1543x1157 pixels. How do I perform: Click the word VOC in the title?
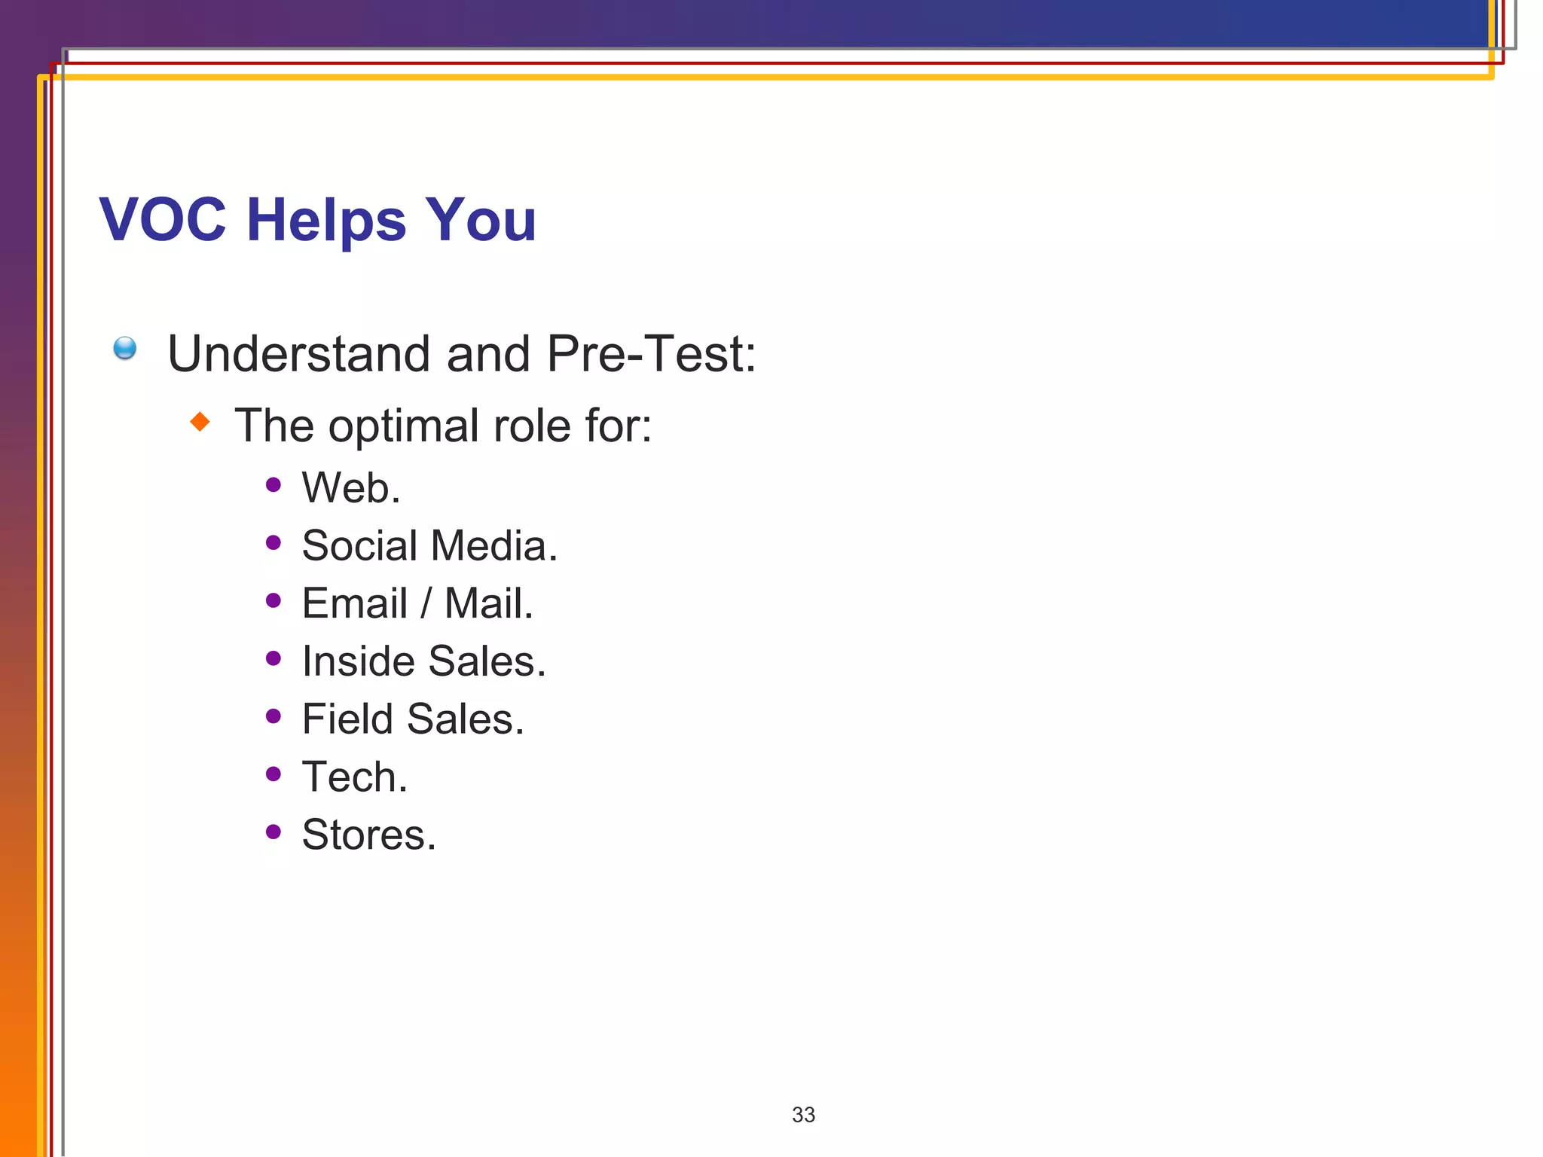(x=163, y=220)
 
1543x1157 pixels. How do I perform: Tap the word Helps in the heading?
(x=326, y=221)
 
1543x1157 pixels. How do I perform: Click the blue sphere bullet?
(x=125, y=348)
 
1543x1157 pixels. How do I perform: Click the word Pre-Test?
(x=651, y=353)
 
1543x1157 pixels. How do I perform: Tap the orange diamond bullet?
(x=200, y=421)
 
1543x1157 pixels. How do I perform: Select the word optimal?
(x=404, y=427)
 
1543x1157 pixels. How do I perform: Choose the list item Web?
(x=351, y=487)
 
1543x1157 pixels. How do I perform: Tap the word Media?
(x=493, y=545)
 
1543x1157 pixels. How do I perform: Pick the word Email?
(x=355, y=603)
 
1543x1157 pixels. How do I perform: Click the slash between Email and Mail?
(x=426, y=603)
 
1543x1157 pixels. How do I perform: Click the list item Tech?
(x=355, y=777)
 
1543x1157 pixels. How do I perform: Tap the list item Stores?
(x=369, y=835)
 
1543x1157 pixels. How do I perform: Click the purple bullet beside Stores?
(x=273, y=832)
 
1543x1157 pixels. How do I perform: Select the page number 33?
(x=803, y=1114)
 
